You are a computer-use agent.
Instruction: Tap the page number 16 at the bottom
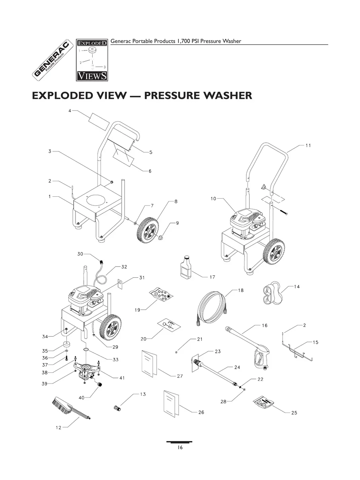point(180,448)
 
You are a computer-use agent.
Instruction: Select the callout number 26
point(201,412)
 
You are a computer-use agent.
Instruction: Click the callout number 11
point(308,145)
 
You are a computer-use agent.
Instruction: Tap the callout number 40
point(81,397)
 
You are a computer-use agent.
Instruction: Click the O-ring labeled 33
point(85,350)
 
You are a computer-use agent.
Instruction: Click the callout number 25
point(294,413)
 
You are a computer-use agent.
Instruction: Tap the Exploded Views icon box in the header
point(92,59)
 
